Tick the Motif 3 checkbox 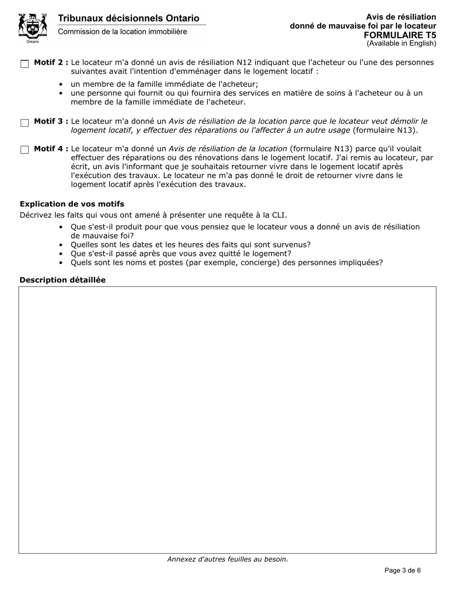25,123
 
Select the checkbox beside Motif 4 25,150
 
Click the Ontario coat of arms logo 33,28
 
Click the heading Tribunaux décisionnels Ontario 128,18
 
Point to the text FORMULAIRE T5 400,35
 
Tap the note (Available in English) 401,44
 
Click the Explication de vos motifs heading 72,204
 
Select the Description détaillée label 62,280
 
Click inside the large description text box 227,419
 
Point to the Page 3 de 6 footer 403,570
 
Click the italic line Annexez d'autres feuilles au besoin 227,559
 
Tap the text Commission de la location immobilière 123,32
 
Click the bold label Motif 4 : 51,149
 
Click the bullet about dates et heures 191,245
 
